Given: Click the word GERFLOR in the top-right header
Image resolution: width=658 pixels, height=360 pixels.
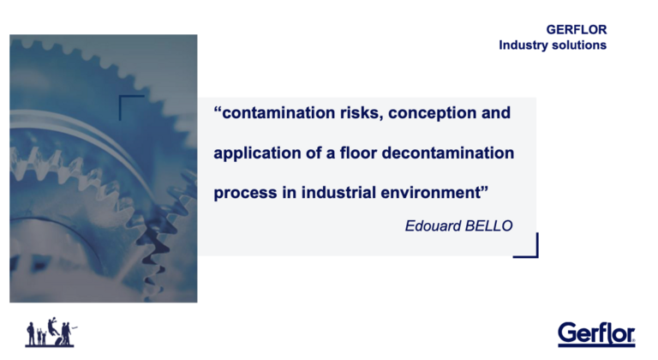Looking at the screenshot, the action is point(576,30).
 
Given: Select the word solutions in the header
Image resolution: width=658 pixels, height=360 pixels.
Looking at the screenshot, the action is point(579,45).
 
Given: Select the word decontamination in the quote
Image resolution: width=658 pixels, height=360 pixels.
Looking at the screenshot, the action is point(448,153).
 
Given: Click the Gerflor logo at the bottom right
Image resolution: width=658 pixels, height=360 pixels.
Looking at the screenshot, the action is point(596,335).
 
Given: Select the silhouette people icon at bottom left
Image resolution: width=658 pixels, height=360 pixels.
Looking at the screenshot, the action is point(51,333).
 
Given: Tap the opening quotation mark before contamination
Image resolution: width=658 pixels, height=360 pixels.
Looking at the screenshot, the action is point(218,110).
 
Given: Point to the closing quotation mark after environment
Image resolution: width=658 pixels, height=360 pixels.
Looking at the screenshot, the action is point(485,189).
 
